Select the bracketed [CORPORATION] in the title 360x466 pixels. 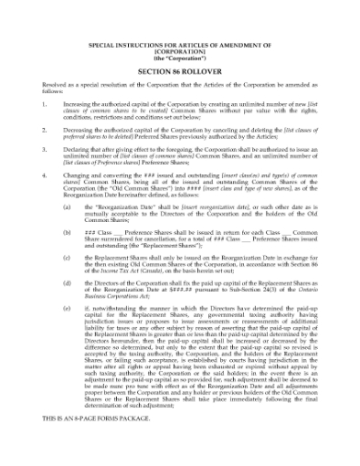coord(179,51)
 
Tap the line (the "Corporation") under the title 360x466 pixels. coord(179,58)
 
